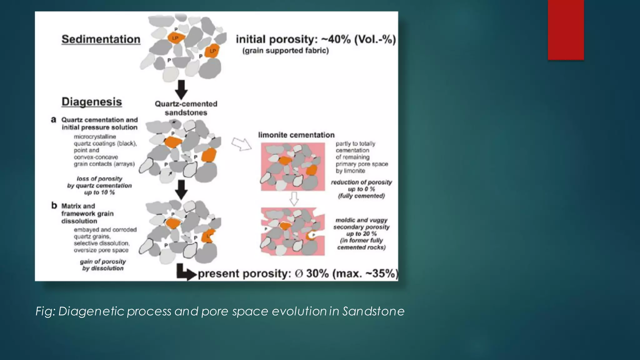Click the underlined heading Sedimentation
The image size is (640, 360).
(x=101, y=39)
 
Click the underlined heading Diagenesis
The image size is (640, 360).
(x=92, y=102)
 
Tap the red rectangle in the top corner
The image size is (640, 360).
(x=566, y=30)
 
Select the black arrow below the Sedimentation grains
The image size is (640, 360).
(x=181, y=89)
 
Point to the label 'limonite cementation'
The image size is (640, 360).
(x=296, y=135)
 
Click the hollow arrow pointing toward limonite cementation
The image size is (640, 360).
(x=242, y=144)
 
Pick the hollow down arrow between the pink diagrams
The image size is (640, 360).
(x=294, y=199)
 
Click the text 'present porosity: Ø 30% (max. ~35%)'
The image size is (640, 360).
(x=298, y=274)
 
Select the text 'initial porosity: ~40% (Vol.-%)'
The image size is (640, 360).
(x=316, y=39)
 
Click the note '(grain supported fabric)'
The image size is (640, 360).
(x=286, y=51)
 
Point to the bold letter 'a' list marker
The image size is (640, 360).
(x=54, y=120)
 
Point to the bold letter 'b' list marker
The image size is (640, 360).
(x=54, y=206)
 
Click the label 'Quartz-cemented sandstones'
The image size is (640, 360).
(x=186, y=108)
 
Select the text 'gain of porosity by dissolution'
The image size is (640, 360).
(x=103, y=265)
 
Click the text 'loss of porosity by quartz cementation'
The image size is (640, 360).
(x=100, y=185)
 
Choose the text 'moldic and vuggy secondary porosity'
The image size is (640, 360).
(x=361, y=223)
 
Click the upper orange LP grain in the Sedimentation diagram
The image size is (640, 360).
(x=176, y=38)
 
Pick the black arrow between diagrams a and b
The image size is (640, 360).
(x=181, y=190)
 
